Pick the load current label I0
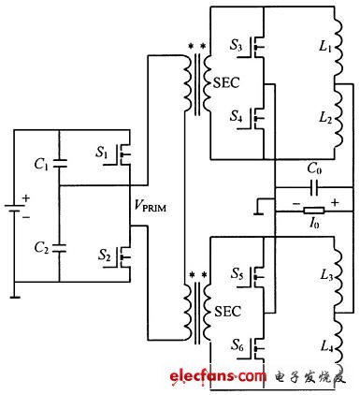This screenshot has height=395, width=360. pos(303,226)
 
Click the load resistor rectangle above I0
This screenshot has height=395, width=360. pos(303,210)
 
